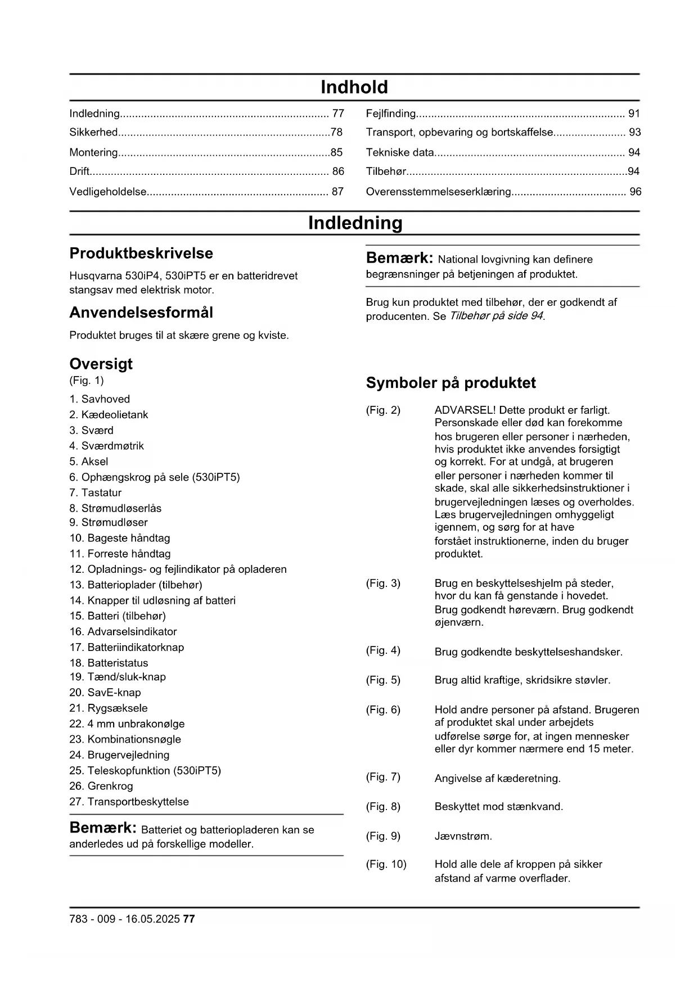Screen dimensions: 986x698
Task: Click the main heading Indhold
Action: pos(354,87)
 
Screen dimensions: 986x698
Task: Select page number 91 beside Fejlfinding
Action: pos(634,114)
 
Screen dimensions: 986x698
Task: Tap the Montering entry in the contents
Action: pos(93,152)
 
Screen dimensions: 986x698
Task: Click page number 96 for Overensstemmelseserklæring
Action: pos(635,192)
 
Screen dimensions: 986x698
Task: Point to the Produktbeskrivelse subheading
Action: pos(141,254)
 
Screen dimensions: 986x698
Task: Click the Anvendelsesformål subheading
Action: pos(141,313)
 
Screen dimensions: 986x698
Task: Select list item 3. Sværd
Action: pos(92,431)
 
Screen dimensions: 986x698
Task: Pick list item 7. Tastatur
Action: pos(96,493)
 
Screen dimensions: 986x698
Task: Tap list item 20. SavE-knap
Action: pos(105,693)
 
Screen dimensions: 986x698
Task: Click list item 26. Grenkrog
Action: pos(101,786)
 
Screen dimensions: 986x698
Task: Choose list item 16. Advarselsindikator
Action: pos(123,632)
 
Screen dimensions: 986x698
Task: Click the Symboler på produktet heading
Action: pos(451,383)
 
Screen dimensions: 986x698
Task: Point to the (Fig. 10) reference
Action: pos(386,864)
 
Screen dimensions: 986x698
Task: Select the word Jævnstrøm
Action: pos(463,836)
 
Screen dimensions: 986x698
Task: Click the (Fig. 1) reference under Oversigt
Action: pos(87,381)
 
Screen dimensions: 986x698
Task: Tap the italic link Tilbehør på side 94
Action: pos(496,316)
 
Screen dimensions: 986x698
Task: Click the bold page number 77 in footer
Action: pos(189,919)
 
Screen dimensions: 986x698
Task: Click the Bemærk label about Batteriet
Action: pos(103,828)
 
